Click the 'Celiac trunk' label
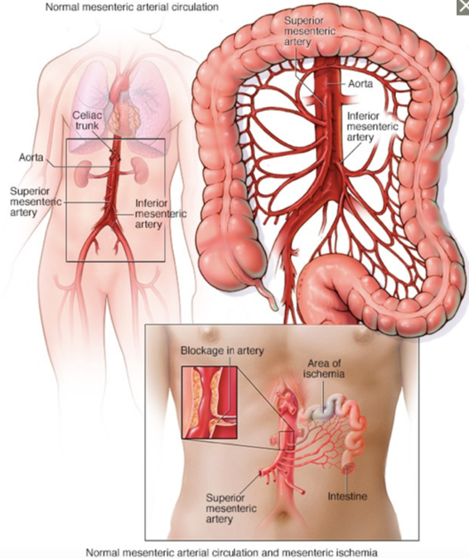click(x=88, y=120)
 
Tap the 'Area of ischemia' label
click(x=323, y=368)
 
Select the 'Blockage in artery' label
click(x=222, y=351)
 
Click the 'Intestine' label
click(x=347, y=496)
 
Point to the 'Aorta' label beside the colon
click(x=360, y=84)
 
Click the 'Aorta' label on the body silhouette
click(x=31, y=157)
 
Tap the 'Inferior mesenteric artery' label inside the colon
click(x=372, y=127)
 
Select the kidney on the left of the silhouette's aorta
click(x=83, y=173)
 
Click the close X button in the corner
click(x=463, y=7)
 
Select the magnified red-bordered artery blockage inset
click(x=209, y=402)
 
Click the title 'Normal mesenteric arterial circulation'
click(x=132, y=7)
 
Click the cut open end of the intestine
click(x=348, y=468)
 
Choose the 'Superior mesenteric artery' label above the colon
click(x=310, y=31)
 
